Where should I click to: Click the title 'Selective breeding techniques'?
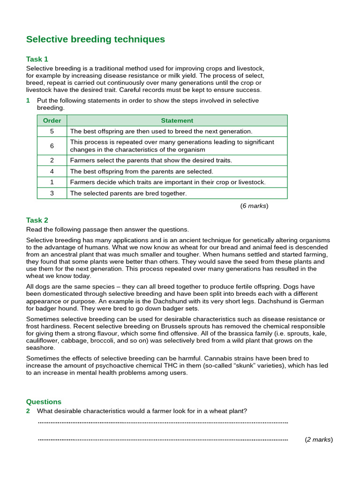pyautogui.click(x=96, y=39)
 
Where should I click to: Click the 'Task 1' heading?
pyautogui.click(x=37, y=59)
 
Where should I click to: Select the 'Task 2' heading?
pyautogui.click(x=37, y=220)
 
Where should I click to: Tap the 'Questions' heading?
pyautogui.click(x=44, y=401)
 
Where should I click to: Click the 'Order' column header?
pyautogui.click(x=52, y=120)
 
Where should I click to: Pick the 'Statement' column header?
pyautogui.click(x=177, y=120)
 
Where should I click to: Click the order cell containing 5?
pyautogui.click(x=52, y=131)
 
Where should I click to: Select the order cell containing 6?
pyautogui.click(x=52, y=146)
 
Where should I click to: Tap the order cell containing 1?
pyautogui.click(x=52, y=182)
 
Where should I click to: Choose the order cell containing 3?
pyautogui.click(x=52, y=193)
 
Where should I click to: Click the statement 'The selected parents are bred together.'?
pyautogui.click(x=128, y=193)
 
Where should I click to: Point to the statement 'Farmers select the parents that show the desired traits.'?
pyautogui.click(x=151, y=160)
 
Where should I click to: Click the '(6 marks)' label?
pyautogui.click(x=255, y=205)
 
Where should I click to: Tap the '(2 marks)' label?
pyautogui.click(x=319, y=440)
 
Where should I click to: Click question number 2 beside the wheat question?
pyautogui.click(x=28, y=411)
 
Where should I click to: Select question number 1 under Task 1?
pyautogui.click(x=28, y=100)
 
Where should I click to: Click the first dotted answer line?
pyautogui.click(x=163, y=422)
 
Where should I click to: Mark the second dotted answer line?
pyautogui.click(x=163, y=440)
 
